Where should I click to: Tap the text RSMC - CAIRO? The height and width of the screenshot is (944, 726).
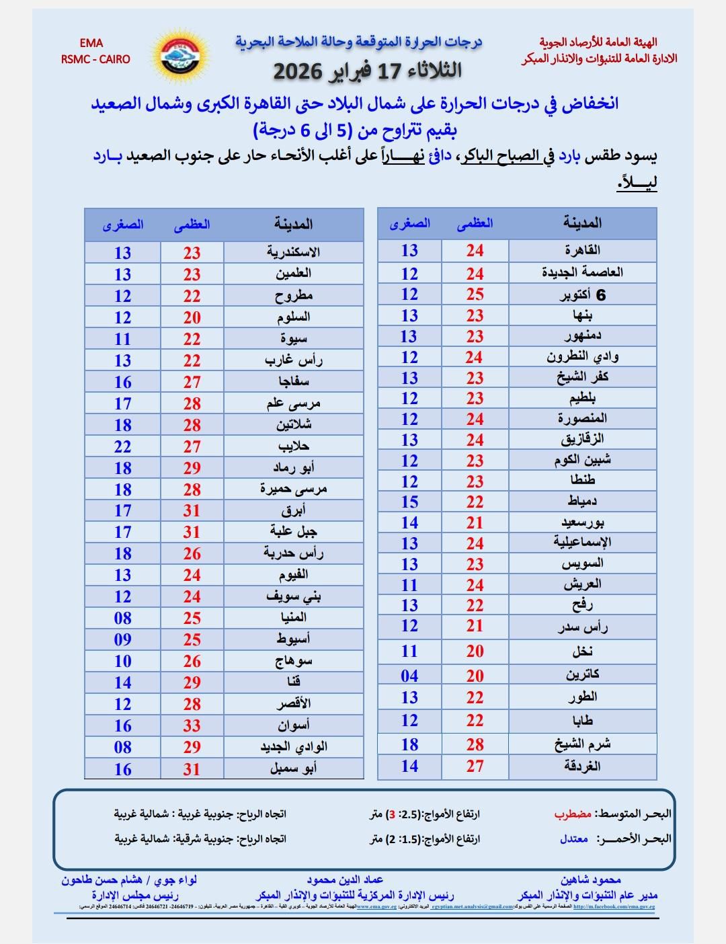point(95,59)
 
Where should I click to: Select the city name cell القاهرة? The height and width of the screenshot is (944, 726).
point(582,251)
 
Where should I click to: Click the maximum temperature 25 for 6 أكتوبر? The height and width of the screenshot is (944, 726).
point(475,294)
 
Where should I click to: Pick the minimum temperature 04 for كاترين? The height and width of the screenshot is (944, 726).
point(409,676)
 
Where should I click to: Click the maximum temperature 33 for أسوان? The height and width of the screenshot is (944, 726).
point(192,725)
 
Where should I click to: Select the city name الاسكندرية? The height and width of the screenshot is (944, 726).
point(293,253)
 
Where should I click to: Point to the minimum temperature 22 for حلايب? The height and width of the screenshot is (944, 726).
point(122,446)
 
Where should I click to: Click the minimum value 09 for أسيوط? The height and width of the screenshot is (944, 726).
point(122,639)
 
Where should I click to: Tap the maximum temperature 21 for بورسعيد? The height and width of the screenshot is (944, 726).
point(475,522)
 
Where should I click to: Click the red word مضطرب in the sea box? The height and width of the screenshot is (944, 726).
point(573,814)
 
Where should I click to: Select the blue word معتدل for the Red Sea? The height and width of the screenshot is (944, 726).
point(574,839)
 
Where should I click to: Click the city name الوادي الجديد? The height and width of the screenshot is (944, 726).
point(294,747)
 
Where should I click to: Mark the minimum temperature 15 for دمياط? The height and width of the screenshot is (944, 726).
point(409,502)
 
